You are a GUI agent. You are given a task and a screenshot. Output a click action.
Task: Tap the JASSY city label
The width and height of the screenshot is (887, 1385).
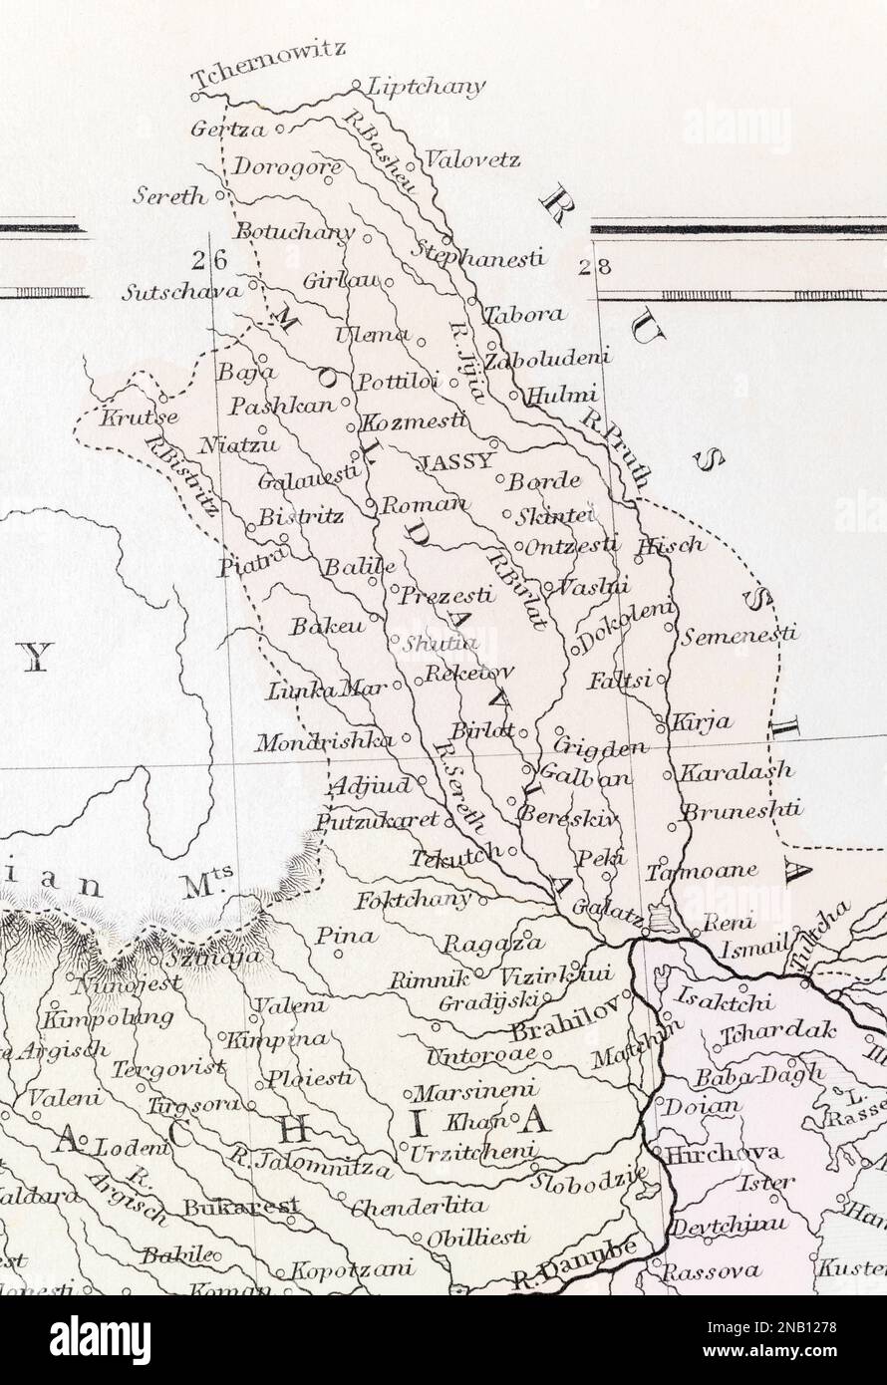[455, 461]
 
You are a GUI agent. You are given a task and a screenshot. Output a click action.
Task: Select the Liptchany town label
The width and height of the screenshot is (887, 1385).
[427, 87]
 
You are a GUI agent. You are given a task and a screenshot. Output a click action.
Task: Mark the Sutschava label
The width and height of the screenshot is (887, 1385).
[181, 292]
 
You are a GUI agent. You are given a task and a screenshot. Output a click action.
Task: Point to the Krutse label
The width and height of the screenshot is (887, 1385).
[138, 417]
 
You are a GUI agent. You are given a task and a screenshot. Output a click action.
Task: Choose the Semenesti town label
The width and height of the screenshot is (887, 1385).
[739, 634]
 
